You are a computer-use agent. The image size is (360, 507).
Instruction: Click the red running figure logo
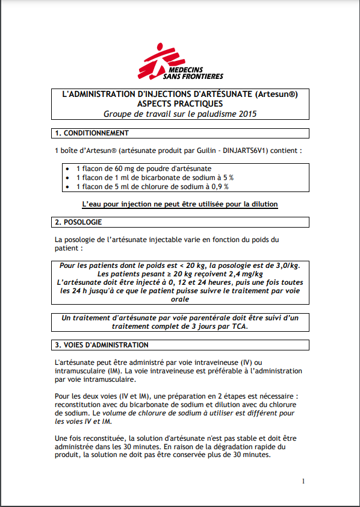[155, 60]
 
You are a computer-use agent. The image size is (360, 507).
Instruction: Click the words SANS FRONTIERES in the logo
[193, 76]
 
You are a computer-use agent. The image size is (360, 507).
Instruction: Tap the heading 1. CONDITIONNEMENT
[92, 133]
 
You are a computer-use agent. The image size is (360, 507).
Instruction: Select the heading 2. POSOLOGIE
[78, 222]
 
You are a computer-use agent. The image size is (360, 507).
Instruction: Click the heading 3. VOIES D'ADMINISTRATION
[101, 345]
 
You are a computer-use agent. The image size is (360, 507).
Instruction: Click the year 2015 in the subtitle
[245, 114]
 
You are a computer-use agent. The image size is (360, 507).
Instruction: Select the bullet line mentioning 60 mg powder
[143, 170]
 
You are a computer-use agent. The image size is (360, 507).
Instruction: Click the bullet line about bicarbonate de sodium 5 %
[155, 178]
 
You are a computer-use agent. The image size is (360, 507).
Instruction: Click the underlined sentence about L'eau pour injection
[180, 205]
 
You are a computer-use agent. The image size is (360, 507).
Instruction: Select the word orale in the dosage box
[180, 299]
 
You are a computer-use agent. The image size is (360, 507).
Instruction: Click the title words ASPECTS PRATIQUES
[180, 104]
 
